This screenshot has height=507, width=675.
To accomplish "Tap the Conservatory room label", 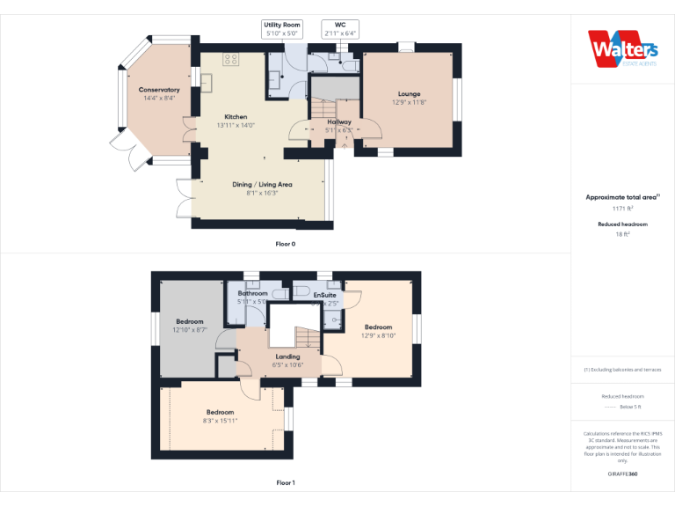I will [x=159, y=90].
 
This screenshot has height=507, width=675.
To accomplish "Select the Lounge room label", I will [x=409, y=94].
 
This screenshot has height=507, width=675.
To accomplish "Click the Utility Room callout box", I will [x=282, y=29].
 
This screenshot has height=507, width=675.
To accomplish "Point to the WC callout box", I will [x=340, y=29].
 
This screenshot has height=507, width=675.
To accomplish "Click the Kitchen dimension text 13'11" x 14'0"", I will [x=236, y=125].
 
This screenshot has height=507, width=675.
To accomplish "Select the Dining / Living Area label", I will [x=262, y=184].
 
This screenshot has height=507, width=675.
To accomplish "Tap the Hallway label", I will [x=339, y=122].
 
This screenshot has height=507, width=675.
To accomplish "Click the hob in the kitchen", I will [x=231, y=60].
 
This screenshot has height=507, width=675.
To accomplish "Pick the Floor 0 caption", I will [x=286, y=243].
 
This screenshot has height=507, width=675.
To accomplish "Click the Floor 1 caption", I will [x=286, y=482].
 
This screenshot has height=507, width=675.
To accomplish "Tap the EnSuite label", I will [x=326, y=294].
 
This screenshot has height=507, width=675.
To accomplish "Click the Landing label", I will [x=287, y=356].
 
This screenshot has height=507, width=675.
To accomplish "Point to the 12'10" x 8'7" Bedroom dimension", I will [x=189, y=330].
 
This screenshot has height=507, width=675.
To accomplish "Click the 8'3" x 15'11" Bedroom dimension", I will [x=220, y=421].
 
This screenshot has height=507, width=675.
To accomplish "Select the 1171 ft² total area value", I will [x=622, y=209].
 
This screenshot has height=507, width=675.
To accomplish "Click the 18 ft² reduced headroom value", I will [x=622, y=235].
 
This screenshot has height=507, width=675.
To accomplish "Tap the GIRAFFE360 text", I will [x=622, y=474].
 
